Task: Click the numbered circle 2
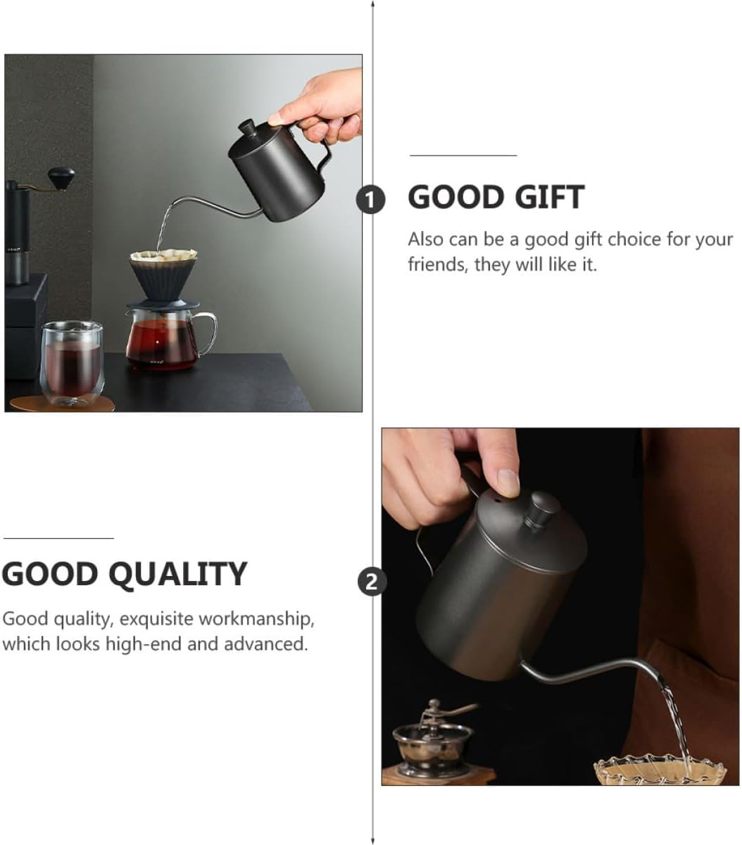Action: [x=372, y=582]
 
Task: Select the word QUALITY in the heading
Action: [x=180, y=575]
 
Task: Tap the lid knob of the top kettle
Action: [x=247, y=128]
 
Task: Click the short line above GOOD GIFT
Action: [x=463, y=155]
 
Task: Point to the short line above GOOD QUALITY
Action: [x=58, y=538]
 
